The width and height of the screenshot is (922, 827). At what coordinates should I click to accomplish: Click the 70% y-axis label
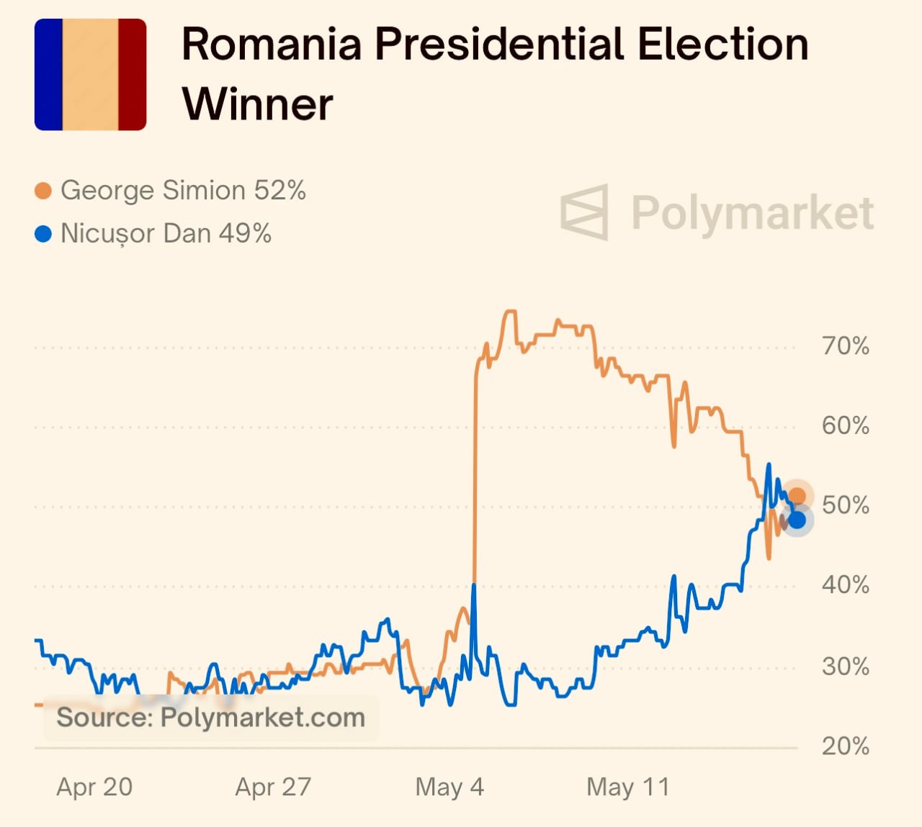point(846,346)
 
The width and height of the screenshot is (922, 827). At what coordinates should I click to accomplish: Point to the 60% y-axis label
point(846,425)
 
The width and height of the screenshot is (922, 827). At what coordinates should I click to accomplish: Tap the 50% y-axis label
point(846,505)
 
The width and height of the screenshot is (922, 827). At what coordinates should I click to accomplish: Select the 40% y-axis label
point(846,584)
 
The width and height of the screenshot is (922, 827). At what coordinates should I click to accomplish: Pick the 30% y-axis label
point(846,666)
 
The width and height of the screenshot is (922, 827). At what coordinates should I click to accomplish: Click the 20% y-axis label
point(846,746)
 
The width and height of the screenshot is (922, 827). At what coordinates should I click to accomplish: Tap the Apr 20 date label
point(94,787)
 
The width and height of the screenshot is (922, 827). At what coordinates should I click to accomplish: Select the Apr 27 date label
point(273,787)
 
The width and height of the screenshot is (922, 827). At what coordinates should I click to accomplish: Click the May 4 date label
point(449,787)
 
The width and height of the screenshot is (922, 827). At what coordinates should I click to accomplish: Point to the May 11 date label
point(628,787)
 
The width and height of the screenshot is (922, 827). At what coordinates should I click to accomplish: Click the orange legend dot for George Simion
point(43,191)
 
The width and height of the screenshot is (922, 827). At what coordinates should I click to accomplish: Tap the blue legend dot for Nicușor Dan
point(43,234)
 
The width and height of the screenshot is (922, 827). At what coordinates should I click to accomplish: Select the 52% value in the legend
point(279,191)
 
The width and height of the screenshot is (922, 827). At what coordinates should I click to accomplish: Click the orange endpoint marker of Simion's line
point(797,496)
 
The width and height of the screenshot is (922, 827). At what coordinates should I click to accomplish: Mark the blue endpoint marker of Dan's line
point(797,520)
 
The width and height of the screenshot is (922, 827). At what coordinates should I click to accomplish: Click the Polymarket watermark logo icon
point(585,212)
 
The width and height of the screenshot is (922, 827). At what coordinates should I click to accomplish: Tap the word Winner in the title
point(257,104)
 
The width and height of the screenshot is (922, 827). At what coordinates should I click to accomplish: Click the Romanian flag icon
point(91,75)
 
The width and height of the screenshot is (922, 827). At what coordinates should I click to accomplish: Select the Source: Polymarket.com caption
point(210,718)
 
